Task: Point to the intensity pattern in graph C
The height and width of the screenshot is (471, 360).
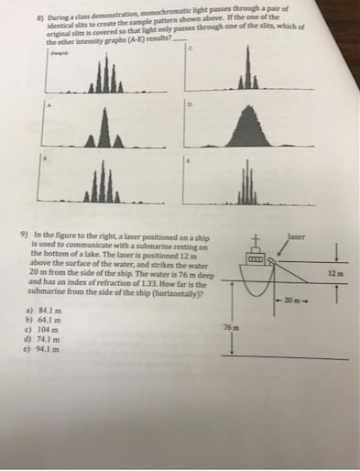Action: pos(245,79)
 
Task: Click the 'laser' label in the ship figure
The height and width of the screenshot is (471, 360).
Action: pos(296,235)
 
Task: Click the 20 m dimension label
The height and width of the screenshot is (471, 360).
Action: pos(292,300)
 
